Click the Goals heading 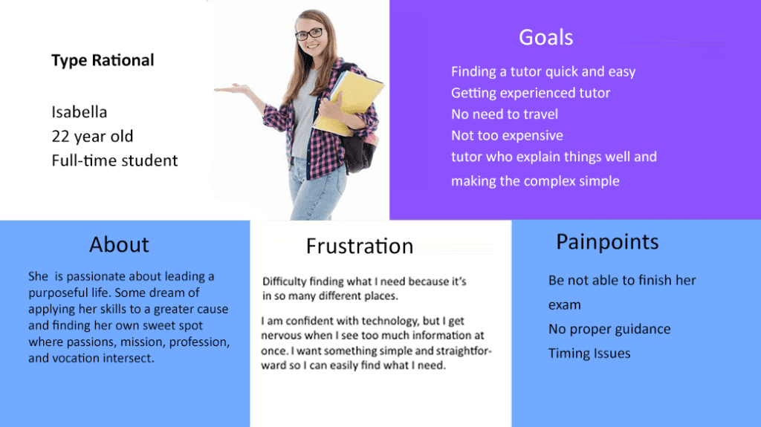click(545, 37)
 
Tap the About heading click(119, 244)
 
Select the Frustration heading click(360, 246)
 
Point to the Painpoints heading click(607, 242)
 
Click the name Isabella click(79, 112)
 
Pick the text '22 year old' click(92, 137)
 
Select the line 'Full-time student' click(114, 160)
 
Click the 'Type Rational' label click(103, 60)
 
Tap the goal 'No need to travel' click(505, 114)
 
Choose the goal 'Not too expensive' click(507, 135)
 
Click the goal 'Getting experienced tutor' click(531, 93)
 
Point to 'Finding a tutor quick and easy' click(543, 72)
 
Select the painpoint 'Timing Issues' click(589, 353)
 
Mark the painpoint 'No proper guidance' click(609, 329)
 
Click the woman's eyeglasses click(309, 34)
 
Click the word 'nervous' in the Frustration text click(279, 336)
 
